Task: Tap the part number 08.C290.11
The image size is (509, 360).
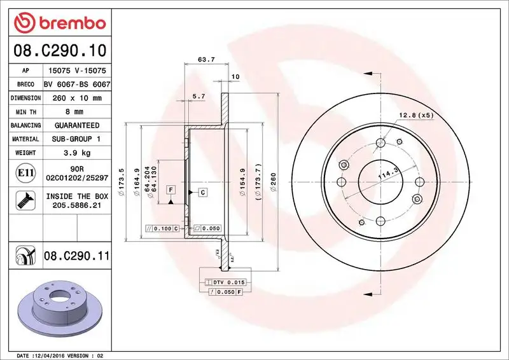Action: pos(76,256)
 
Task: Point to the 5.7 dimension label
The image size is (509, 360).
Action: pos(199,96)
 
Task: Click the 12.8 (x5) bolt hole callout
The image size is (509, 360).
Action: pos(416,115)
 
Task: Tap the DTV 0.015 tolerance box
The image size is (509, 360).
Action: pos(226,281)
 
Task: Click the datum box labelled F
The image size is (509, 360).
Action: pos(171,190)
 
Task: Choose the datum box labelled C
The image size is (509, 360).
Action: pos(202,191)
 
